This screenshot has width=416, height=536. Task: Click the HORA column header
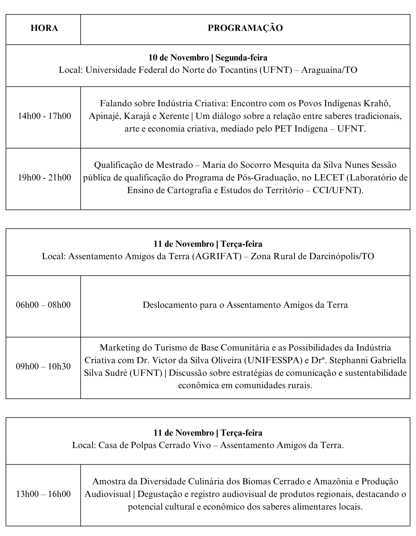(x=44, y=28)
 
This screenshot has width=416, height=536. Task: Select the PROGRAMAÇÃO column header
(x=245, y=28)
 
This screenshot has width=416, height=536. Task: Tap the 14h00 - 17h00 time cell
(x=44, y=116)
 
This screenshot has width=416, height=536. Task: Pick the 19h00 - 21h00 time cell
(x=44, y=178)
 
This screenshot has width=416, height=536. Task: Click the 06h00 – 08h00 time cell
(x=43, y=305)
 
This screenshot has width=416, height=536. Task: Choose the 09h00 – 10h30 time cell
(x=43, y=367)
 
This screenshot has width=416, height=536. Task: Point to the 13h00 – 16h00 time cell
(x=43, y=494)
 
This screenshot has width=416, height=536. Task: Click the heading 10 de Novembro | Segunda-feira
(x=208, y=58)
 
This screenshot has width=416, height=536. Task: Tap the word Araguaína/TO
(x=329, y=70)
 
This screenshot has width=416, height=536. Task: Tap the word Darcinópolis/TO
(x=341, y=256)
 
